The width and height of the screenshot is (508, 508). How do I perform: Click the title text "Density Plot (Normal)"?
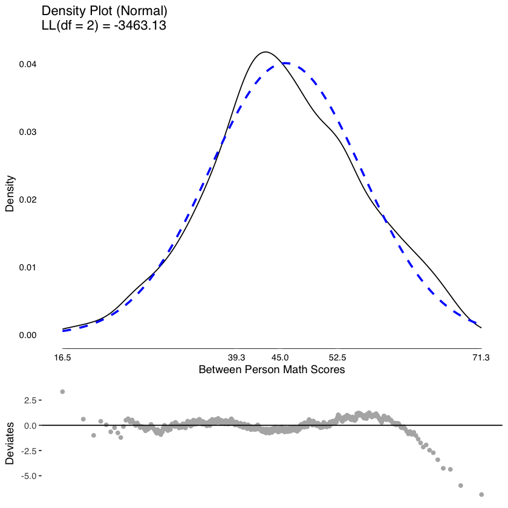pyautogui.click(x=104, y=11)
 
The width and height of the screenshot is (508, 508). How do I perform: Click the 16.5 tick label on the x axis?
pyautogui.click(x=62, y=358)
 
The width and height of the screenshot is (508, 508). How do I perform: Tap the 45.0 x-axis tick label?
pyautogui.click(x=281, y=358)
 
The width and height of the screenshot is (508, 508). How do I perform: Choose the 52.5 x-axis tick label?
pyautogui.click(x=337, y=358)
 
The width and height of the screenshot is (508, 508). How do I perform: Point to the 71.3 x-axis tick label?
pyautogui.click(x=481, y=358)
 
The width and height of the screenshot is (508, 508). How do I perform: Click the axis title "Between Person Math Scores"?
pyautogui.click(x=272, y=370)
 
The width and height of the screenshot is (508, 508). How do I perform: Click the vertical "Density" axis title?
pyautogui.click(x=10, y=194)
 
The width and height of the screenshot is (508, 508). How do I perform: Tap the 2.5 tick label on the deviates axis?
pyautogui.click(x=30, y=400)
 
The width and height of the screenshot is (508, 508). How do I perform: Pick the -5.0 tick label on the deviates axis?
pyautogui.click(x=29, y=476)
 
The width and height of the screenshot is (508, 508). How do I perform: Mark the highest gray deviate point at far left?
pyautogui.click(x=62, y=392)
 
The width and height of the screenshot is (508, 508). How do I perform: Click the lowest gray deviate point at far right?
pyautogui.click(x=481, y=495)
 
